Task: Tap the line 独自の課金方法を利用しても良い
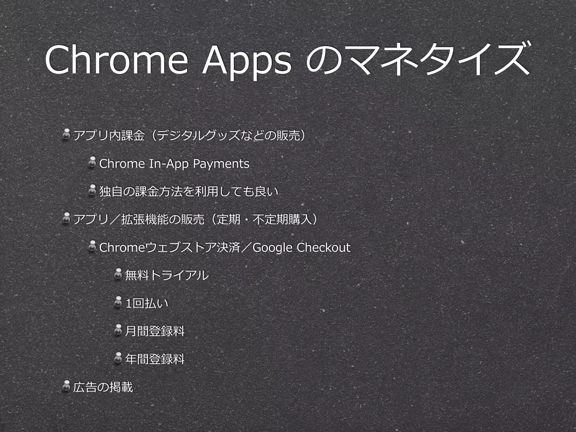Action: [189, 192]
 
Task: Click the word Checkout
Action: [323, 247]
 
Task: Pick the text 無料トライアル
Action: [167, 275]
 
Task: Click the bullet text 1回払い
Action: [147, 303]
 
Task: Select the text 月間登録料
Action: [155, 331]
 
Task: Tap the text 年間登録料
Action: [155, 359]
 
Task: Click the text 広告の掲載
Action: [103, 387]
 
